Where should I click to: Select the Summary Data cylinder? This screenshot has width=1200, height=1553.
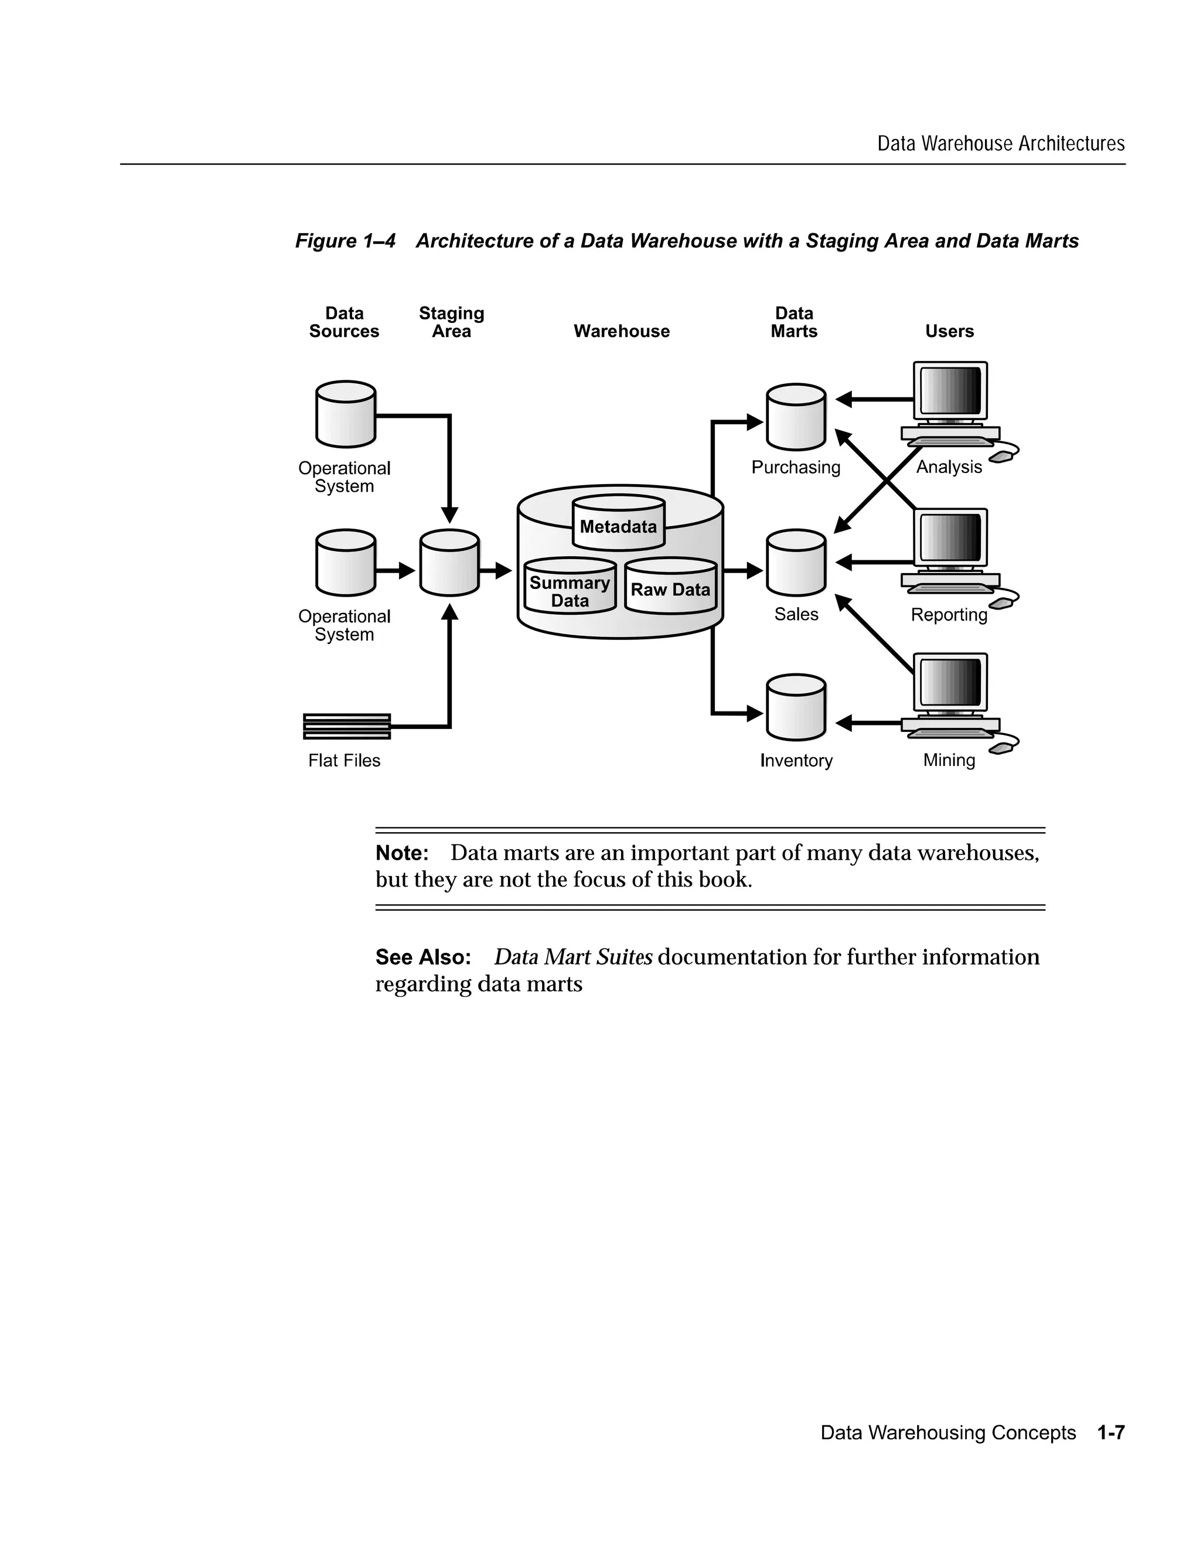point(570,587)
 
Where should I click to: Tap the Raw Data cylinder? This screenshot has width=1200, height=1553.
point(670,587)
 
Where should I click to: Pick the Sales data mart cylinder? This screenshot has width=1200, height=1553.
point(796,563)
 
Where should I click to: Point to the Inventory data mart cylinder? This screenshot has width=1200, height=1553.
point(796,709)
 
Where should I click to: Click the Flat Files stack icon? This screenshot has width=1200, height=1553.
point(346,726)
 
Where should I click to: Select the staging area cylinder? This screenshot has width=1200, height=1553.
point(449,563)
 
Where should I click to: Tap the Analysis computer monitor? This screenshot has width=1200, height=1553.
point(950,391)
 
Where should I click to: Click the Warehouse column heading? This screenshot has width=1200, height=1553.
point(621,331)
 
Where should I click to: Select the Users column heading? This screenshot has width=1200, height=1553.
point(949,331)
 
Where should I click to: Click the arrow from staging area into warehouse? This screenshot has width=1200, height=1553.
point(496,570)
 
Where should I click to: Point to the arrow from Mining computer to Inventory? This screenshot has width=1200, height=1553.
point(869,723)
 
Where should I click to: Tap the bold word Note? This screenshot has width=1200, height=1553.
point(401,853)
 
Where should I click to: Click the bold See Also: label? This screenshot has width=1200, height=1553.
point(423,958)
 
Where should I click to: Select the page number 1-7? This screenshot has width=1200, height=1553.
point(1110,1432)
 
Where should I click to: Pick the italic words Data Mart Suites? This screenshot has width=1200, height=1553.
point(573,957)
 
